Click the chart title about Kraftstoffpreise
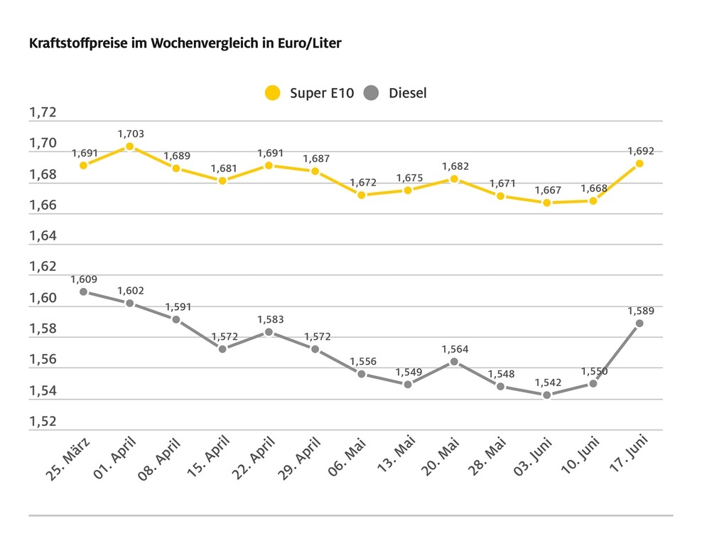click(x=185, y=44)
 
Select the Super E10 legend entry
click(x=309, y=93)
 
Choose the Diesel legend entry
click(x=396, y=93)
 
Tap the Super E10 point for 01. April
click(x=129, y=146)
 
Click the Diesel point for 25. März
click(x=84, y=291)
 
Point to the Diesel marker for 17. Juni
click(x=639, y=323)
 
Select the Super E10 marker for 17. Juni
click(x=639, y=164)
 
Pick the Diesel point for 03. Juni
click(x=546, y=395)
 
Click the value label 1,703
click(x=131, y=134)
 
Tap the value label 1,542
click(x=548, y=382)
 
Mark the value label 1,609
click(x=84, y=279)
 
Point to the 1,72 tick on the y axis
click(x=42, y=113)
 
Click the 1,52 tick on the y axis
click(x=42, y=422)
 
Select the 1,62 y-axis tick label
click(x=42, y=267)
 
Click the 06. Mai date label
click(x=347, y=461)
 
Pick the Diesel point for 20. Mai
click(x=454, y=362)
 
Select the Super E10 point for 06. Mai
click(x=362, y=195)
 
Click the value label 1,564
click(x=455, y=349)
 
